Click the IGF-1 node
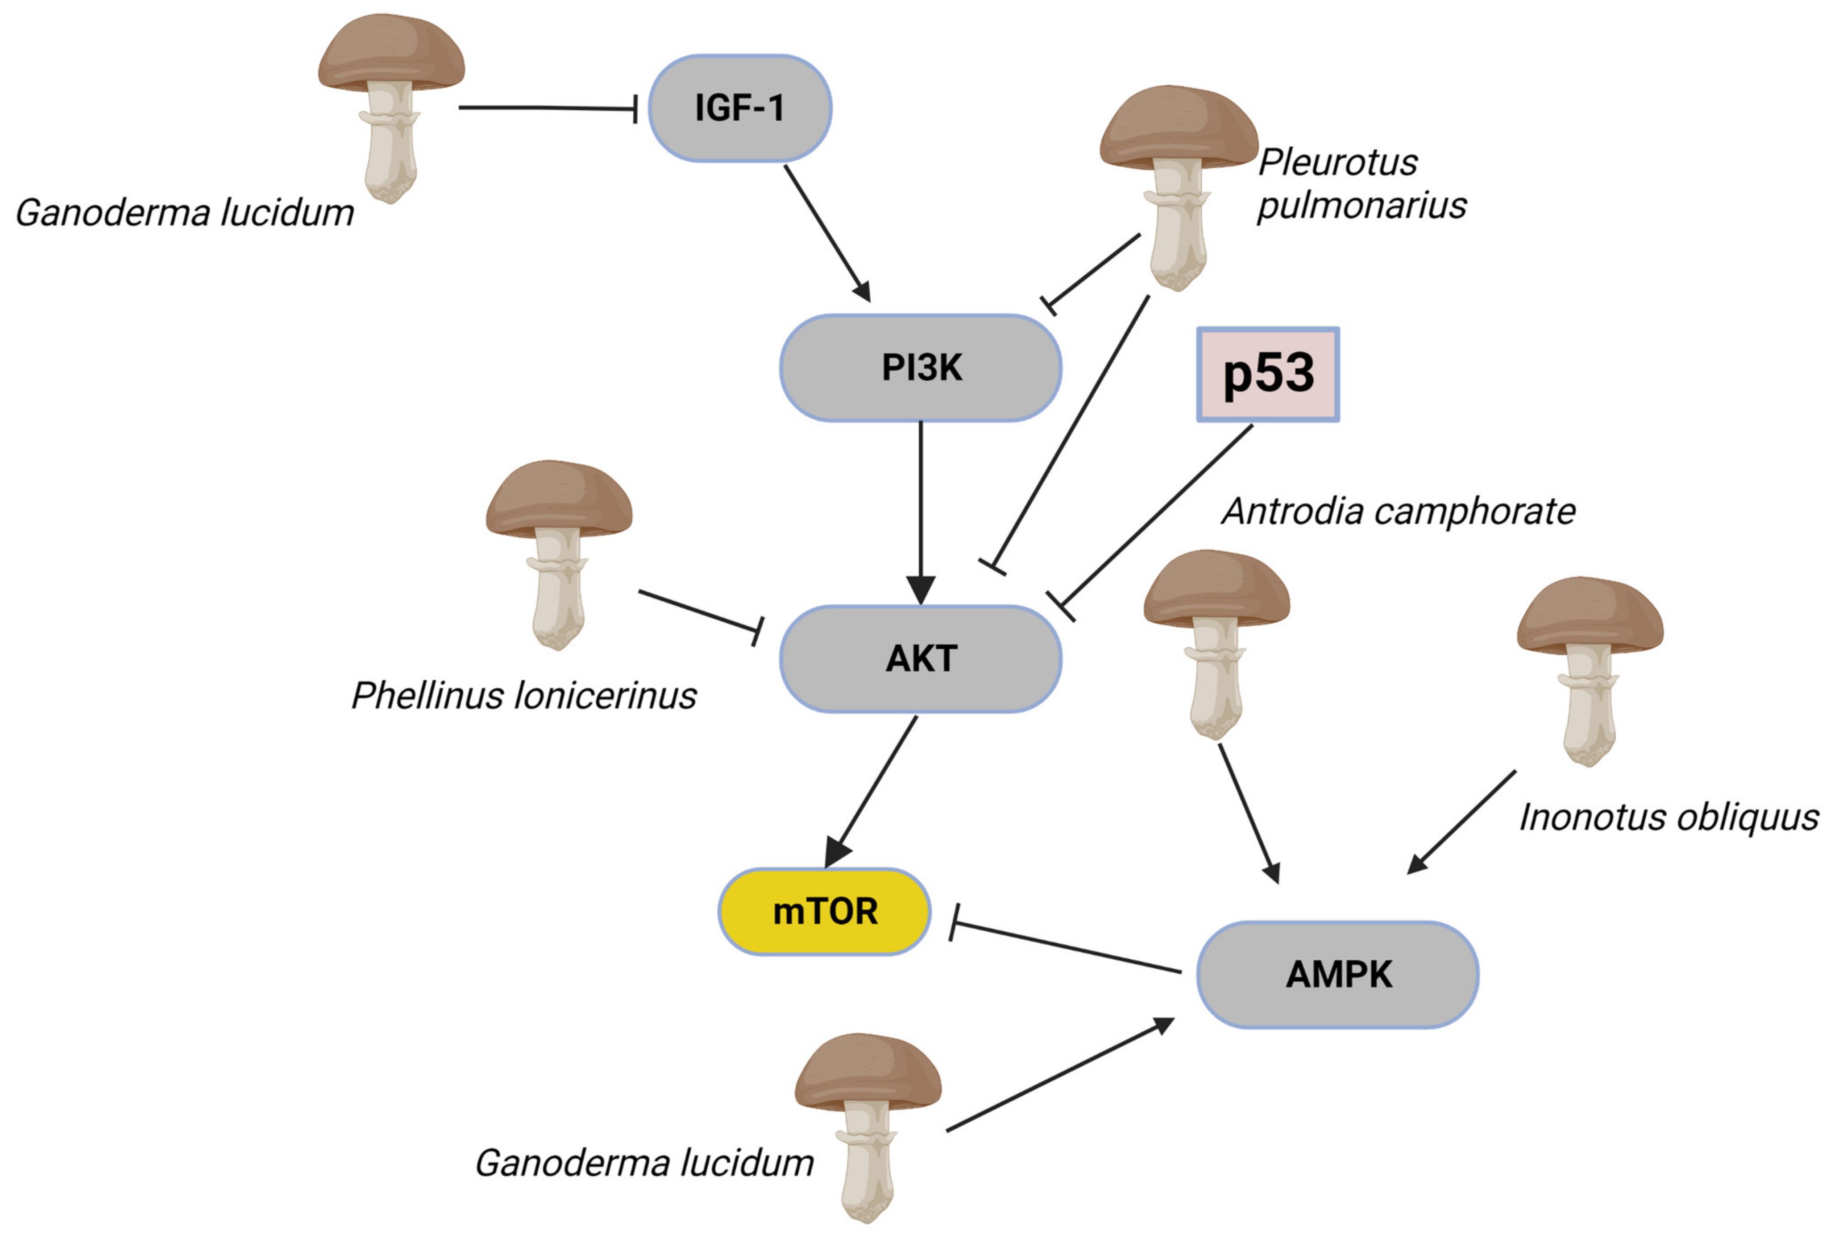[x=739, y=108]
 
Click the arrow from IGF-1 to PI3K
[x=826, y=233]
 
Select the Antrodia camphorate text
[x=1398, y=511]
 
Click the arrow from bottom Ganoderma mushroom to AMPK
[x=1059, y=1074]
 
